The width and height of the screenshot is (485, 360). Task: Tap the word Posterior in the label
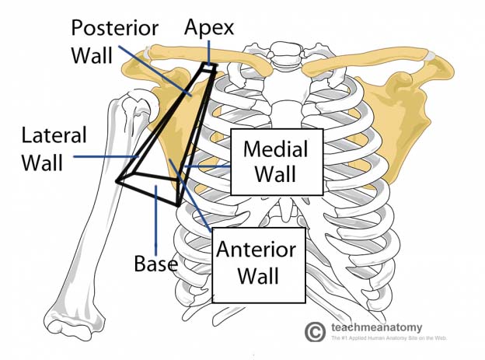pyautogui.click(x=114, y=28)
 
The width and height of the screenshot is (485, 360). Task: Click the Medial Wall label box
pyautogui.click(x=277, y=161)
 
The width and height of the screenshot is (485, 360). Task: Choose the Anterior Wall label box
pyautogui.click(x=256, y=264)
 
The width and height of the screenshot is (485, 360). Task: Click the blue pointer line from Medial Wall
pyautogui.click(x=207, y=166)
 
